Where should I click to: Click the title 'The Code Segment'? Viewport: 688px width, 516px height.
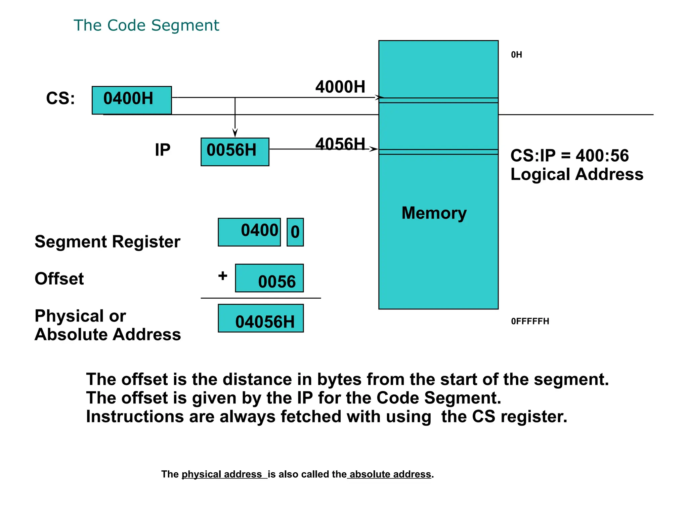tap(146, 26)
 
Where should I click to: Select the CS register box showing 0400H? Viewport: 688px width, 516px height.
tap(132, 100)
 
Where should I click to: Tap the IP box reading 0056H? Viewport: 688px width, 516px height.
tap(235, 152)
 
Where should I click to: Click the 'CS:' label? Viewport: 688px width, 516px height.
tap(60, 98)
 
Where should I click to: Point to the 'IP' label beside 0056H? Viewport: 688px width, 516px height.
tap(163, 150)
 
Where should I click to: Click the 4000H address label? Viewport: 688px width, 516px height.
tap(340, 87)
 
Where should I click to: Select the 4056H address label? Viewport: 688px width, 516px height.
tap(340, 144)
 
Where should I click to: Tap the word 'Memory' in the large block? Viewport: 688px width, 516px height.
tap(434, 213)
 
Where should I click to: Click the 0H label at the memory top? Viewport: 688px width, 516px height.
tap(516, 55)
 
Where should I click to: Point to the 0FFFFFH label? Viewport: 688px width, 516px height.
tap(530, 321)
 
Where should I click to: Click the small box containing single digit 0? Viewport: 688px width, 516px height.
tap(295, 232)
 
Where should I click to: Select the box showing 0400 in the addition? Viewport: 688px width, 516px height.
tap(249, 232)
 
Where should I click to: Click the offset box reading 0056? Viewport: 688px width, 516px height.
tap(269, 278)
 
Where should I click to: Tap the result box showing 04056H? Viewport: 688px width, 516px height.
tap(261, 318)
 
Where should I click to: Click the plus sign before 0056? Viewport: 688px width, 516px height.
tap(223, 276)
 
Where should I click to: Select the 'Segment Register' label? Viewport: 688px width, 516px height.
tap(107, 242)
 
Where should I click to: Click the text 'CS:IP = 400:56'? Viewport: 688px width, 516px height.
tap(569, 156)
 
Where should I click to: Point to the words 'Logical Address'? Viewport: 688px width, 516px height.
tap(577, 174)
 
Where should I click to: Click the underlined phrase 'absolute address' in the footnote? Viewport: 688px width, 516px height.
tap(390, 474)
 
